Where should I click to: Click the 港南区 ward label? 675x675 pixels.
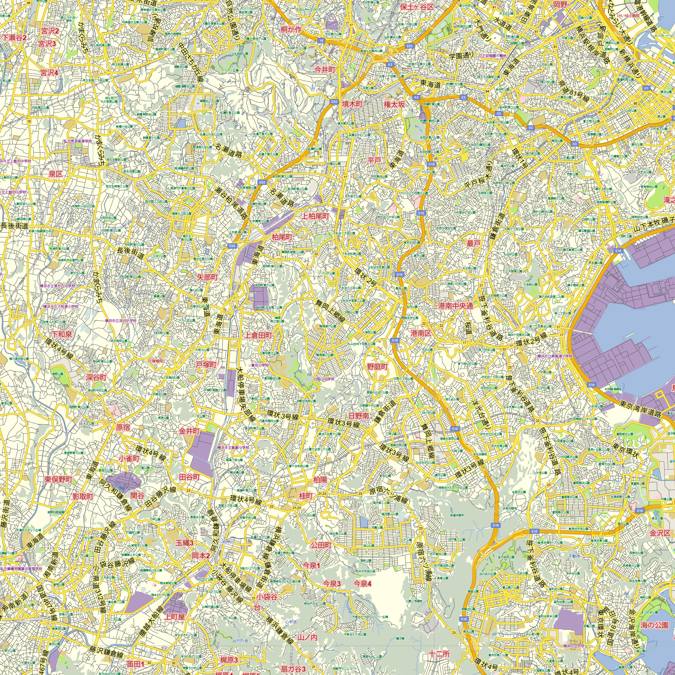[x=421, y=333]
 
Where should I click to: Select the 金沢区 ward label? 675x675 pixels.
[x=660, y=533]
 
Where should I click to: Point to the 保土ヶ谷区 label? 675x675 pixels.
[x=417, y=7]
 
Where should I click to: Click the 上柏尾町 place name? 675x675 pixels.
[x=315, y=216]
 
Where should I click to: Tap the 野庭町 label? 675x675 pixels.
[x=377, y=367]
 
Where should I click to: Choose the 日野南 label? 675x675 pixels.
[x=359, y=416]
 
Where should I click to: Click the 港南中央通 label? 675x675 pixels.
[x=455, y=306]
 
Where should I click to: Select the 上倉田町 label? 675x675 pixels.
[x=258, y=335]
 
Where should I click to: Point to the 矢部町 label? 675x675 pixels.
[x=207, y=277]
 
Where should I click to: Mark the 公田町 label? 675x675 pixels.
[x=321, y=545]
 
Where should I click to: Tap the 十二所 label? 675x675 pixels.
[x=439, y=654]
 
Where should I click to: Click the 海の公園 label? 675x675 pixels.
[x=654, y=625]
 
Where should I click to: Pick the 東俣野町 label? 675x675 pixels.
[x=58, y=479]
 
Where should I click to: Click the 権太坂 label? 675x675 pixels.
[x=394, y=104]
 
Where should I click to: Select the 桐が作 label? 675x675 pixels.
[x=291, y=30]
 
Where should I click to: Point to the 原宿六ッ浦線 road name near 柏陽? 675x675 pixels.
[x=388, y=495]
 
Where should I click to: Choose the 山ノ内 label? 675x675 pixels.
[x=307, y=637]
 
